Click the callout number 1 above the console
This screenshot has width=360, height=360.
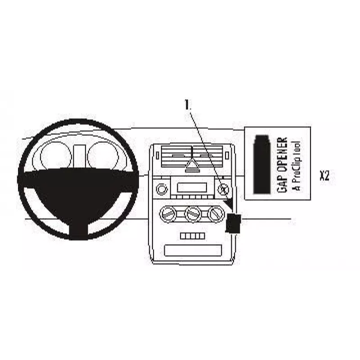[x=188, y=105]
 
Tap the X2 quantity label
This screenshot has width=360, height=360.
[x=324, y=175]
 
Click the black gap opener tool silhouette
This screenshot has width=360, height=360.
[x=262, y=164]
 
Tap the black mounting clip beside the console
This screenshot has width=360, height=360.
[x=234, y=223]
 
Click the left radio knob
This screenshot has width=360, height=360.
[x=162, y=189]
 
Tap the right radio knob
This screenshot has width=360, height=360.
[x=223, y=189]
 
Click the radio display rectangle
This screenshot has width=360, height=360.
[x=192, y=187]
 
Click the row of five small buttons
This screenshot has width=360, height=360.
[x=193, y=236]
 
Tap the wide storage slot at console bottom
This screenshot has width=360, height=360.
[x=193, y=250]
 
